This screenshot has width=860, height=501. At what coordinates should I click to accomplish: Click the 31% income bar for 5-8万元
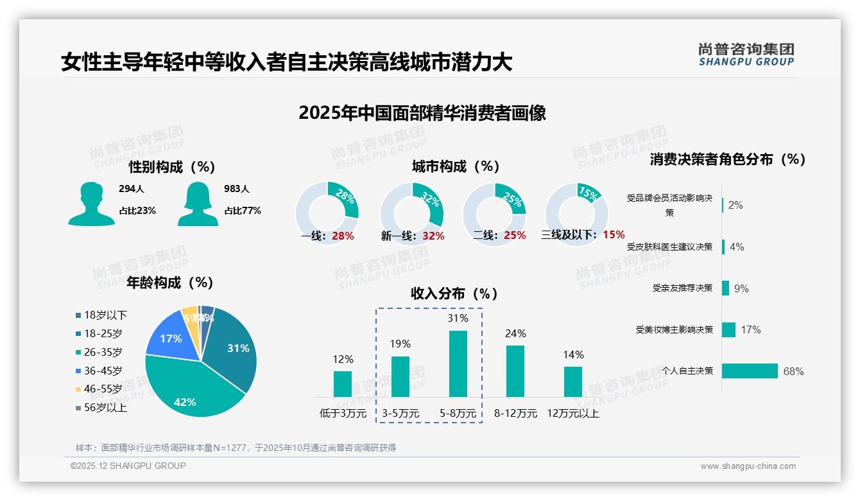(x=458, y=364)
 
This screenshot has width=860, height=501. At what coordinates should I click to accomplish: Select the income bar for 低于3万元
(x=343, y=384)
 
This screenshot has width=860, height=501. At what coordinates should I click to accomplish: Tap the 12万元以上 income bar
(x=573, y=382)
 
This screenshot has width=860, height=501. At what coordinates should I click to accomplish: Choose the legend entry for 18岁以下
(x=101, y=315)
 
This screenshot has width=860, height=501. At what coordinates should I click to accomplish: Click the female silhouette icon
(x=198, y=204)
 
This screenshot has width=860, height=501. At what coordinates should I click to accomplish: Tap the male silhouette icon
(x=91, y=204)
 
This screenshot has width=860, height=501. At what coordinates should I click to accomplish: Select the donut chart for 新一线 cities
(x=411, y=213)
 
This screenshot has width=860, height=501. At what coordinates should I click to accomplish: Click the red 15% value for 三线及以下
(x=614, y=234)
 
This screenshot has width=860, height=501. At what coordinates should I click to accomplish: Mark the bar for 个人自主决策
(x=750, y=371)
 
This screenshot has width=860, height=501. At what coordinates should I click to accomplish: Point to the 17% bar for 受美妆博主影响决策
(x=728, y=330)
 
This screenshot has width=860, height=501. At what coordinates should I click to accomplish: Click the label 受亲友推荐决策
(x=682, y=288)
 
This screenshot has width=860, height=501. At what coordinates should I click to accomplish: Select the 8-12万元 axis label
(x=515, y=414)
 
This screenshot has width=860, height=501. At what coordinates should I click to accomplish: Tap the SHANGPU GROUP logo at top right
(x=746, y=55)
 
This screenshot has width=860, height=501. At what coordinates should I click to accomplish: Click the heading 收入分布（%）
(x=454, y=294)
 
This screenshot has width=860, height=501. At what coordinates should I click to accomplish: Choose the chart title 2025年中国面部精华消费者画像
(x=422, y=113)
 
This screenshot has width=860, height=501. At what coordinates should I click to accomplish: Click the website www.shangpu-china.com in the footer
(x=748, y=466)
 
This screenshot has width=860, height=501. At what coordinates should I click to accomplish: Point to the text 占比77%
(x=243, y=211)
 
